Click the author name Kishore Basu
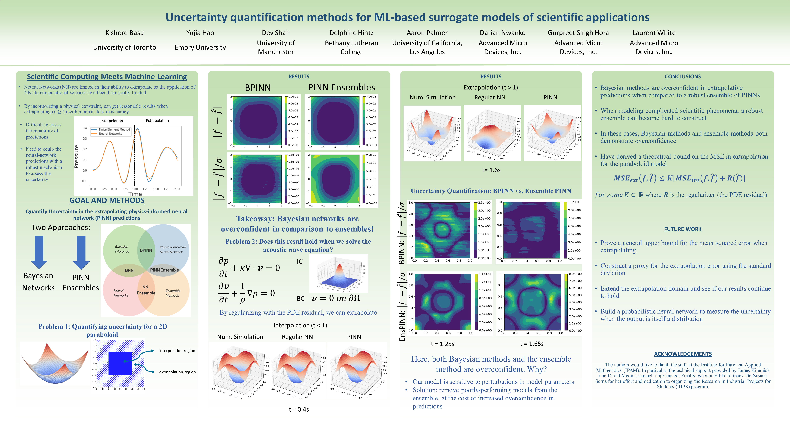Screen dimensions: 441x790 pyautogui.click(x=125, y=33)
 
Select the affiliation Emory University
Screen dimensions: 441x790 pyautogui.click(x=200, y=47)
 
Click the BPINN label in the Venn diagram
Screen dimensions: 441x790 pyautogui.click(x=146, y=250)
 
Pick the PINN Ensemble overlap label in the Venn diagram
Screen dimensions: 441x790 pyautogui.click(x=164, y=270)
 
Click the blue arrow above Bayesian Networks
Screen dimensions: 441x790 pyautogui.click(x=39, y=252)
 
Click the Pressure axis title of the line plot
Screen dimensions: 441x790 pyautogui.click(x=77, y=157)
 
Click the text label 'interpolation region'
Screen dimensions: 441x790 pyautogui.click(x=177, y=350)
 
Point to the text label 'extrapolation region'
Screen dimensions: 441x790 pyautogui.click(x=177, y=372)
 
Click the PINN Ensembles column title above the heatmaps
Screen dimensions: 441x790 pyautogui.click(x=341, y=87)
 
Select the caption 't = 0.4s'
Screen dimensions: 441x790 pyautogui.click(x=299, y=409)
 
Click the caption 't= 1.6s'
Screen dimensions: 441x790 pyautogui.click(x=491, y=170)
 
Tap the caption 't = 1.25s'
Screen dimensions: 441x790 pyautogui.click(x=442, y=344)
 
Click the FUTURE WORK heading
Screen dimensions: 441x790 pyautogui.click(x=683, y=229)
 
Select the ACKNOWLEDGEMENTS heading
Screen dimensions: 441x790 pyautogui.click(x=683, y=354)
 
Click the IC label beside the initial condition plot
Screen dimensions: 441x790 pyautogui.click(x=300, y=262)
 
